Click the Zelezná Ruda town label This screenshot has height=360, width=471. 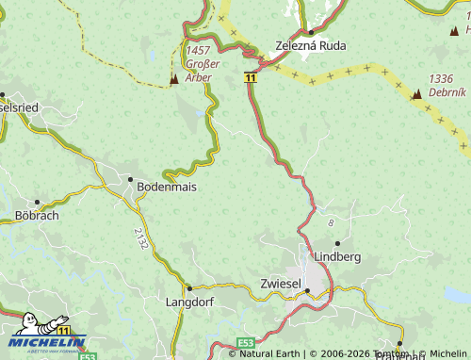pyautogui.click(x=310, y=45)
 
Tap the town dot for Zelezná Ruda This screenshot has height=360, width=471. pyautogui.click(x=311, y=31)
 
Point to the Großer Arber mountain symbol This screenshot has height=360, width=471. pyautogui.click(x=174, y=80)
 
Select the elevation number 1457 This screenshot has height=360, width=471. pyautogui.click(x=198, y=50)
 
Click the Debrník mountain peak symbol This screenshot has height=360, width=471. pyautogui.click(x=416, y=93)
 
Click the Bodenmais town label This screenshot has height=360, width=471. pyautogui.click(x=166, y=188)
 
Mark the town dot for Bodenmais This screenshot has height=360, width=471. pyautogui.click(x=130, y=177)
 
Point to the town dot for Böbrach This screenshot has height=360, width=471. pyautogui.click(x=37, y=202)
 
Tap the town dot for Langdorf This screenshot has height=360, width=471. pyautogui.click(x=188, y=288)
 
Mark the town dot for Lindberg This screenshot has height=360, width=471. pyautogui.click(x=337, y=243)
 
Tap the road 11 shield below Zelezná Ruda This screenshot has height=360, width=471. pyautogui.click(x=250, y=77)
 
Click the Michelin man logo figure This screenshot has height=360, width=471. pyautogui.click(x=29, y=325)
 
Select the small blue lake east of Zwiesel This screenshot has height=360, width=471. pyautogui.click(x=456, y=296)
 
